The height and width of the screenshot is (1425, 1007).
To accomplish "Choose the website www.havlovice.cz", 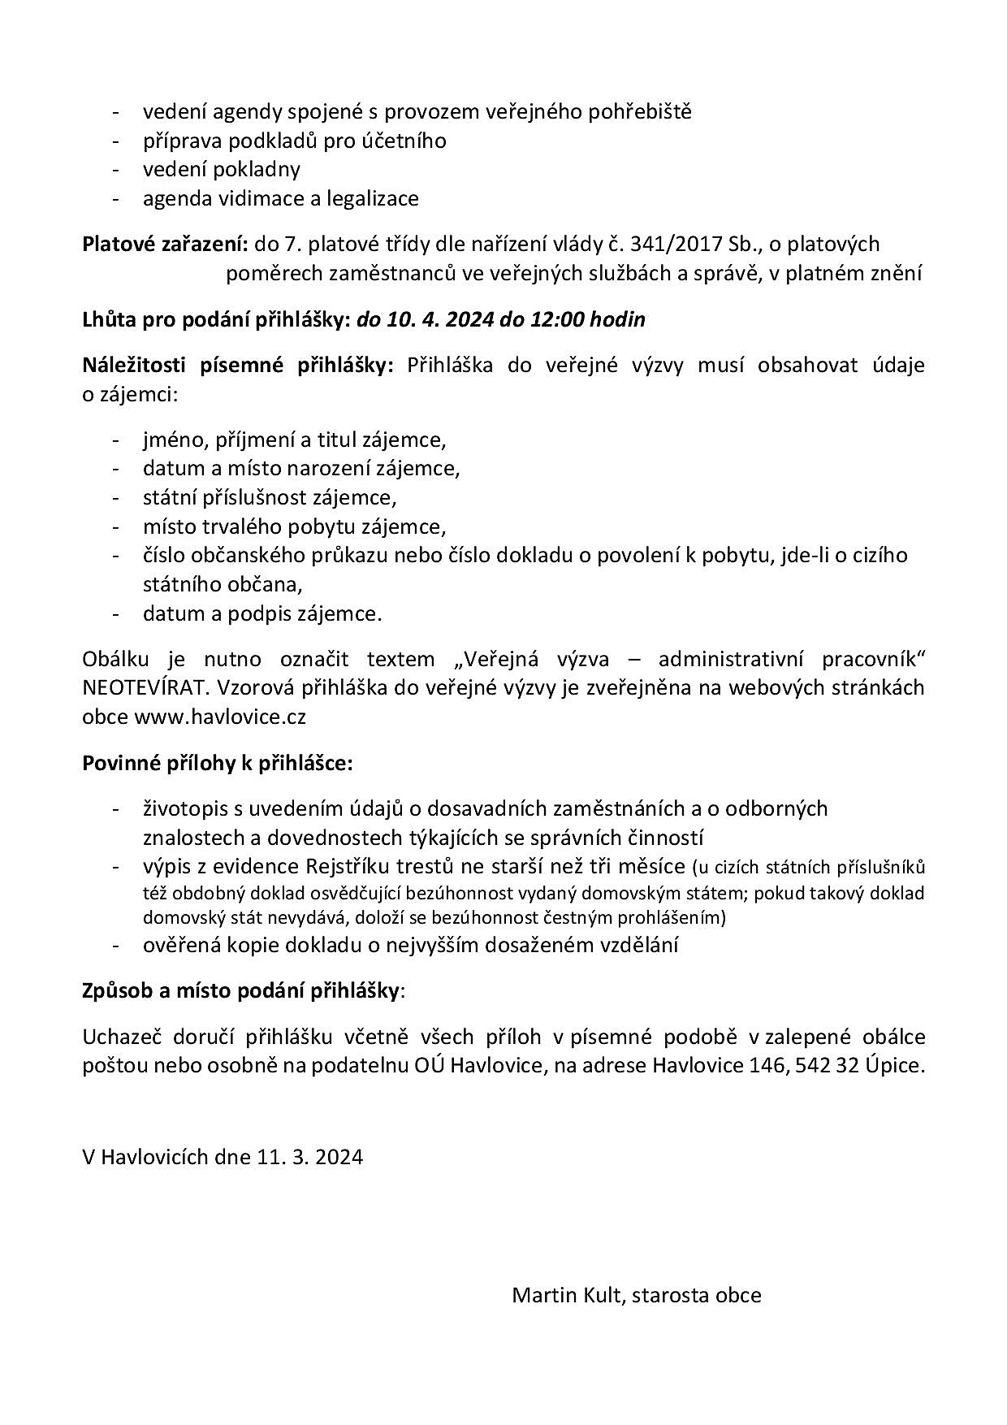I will coord(219,717).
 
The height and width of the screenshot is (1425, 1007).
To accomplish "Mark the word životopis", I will coord(184,808).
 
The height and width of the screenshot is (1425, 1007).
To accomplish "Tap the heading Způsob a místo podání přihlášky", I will coord(241,990).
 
